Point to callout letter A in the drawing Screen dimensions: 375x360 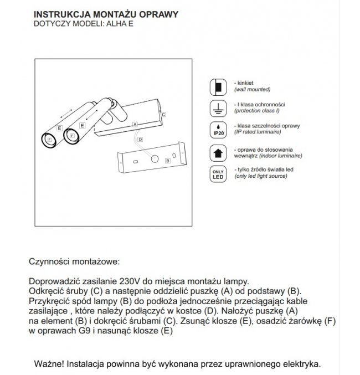coord(135,125)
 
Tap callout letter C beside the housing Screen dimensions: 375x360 coord(164,114)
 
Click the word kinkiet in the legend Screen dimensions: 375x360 coord(246,83)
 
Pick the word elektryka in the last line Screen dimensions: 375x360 coord(301,364)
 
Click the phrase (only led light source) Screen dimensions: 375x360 coord(260,176)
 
